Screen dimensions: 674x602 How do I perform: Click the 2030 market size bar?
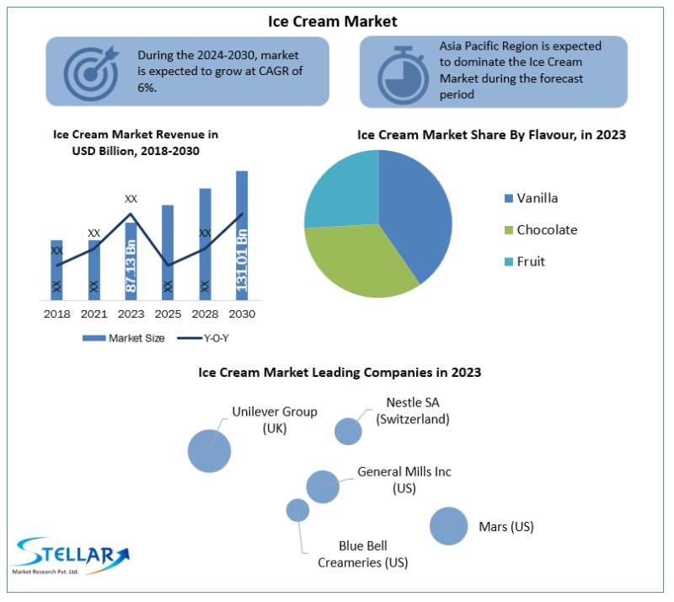(242, 235)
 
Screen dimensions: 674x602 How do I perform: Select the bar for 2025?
(168, 253)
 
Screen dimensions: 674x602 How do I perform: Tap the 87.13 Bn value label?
(131, 266)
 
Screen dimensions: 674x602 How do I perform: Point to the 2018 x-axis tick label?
(57, 314)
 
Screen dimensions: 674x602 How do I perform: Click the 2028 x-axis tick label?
(205, 314)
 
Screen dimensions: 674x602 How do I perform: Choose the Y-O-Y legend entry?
(203, 338)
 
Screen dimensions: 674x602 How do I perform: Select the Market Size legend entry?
(124, 338)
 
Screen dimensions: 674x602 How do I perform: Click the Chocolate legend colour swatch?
(509, 230)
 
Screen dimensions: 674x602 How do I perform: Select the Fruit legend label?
(531, 261)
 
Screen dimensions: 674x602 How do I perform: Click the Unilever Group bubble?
(209, 451)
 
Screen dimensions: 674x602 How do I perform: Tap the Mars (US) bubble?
(448, 526)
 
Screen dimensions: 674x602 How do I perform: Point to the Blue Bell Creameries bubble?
(298, 510)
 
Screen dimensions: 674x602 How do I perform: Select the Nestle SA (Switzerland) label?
(413, 411)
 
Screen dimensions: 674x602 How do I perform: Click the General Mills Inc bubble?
(323, 486)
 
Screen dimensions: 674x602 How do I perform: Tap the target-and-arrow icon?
(91, 73)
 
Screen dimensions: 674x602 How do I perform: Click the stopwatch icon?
(403, 75)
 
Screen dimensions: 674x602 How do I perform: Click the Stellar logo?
(71, 556)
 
